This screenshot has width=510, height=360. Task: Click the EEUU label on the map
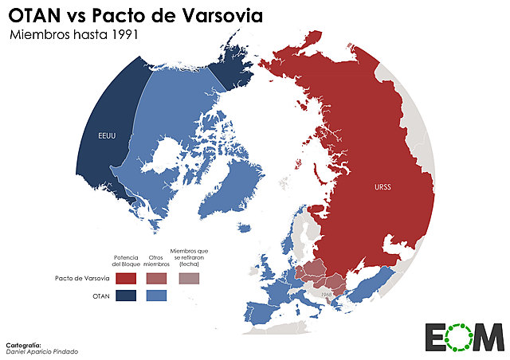tap(108, 134)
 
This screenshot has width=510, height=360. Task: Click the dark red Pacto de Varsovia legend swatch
tap(125, 278)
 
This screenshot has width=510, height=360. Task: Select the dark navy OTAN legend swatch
tap(125, 296)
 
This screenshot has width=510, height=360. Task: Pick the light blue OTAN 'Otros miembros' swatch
tap(155, 296)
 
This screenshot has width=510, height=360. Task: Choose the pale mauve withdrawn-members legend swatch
tap(189, 278)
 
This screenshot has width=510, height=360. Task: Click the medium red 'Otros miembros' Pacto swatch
tap(155, 278)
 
